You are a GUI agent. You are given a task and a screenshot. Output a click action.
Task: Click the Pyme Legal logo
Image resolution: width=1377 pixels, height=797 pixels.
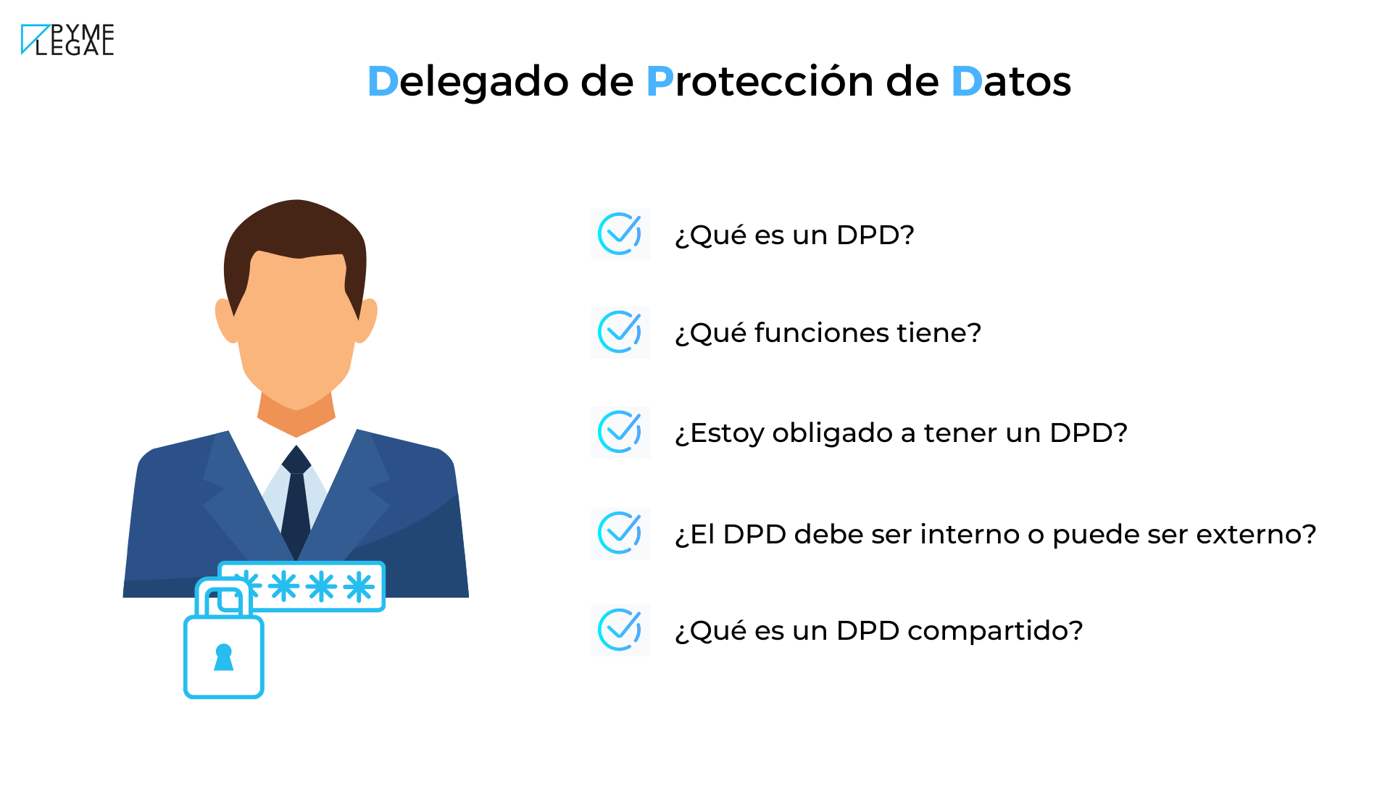click(67, 40)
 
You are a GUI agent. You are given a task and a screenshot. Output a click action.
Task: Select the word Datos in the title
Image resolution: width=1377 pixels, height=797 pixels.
click(1011, 81)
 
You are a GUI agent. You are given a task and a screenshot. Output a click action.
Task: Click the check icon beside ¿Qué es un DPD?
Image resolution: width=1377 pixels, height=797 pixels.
click(620, 234)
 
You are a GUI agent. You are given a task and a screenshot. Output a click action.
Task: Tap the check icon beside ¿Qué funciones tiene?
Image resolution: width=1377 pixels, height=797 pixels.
click(620, 333)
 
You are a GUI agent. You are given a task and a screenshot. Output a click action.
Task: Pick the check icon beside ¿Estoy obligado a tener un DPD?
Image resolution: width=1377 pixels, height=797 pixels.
click(620, 433)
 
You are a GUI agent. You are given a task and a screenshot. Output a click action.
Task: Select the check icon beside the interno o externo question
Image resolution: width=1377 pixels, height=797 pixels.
click(620, 533)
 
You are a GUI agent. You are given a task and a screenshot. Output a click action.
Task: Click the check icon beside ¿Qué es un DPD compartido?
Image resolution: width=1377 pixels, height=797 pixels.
click(620, 630)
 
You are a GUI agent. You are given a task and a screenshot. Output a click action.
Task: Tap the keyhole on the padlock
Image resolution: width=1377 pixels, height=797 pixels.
click(224, 657)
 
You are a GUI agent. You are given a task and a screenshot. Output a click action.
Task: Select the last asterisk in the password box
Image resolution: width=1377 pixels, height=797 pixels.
click(359, 587)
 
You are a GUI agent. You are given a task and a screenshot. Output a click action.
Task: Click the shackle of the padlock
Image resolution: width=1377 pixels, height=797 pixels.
click(224, 596)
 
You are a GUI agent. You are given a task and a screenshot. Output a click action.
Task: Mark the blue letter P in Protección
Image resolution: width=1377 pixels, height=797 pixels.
click(660, 81)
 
